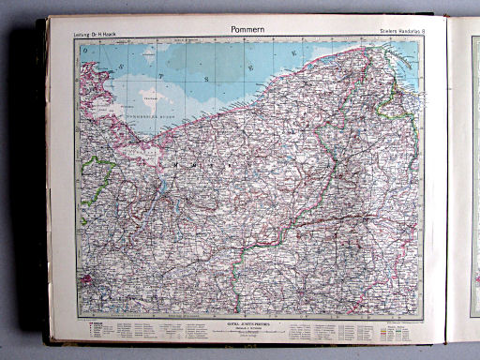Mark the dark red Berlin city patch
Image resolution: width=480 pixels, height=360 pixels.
[x=88, y=278]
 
